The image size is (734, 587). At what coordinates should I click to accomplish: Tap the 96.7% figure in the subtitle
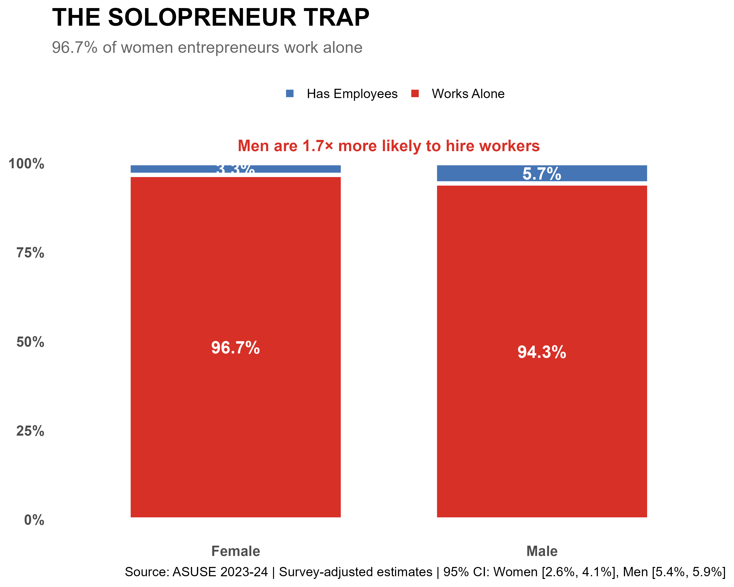click(75, 48)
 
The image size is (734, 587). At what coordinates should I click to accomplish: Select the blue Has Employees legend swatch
click(290, 93)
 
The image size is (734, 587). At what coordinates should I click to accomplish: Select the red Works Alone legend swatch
click(415, 93)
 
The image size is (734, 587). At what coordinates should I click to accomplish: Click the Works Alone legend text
click(468, 94)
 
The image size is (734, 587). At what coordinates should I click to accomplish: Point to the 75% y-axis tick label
click(30, 253)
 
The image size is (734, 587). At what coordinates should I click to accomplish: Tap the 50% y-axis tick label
click(30, 342)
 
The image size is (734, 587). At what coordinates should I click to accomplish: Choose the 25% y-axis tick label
click(30, 431)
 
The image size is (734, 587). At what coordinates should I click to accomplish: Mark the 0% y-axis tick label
click(34, 520)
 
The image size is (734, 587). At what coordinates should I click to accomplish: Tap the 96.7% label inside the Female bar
click(235, 348)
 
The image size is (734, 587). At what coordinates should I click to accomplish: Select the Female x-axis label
click(235, 551)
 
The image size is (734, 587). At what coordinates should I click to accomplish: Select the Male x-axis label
click(542, 551)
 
